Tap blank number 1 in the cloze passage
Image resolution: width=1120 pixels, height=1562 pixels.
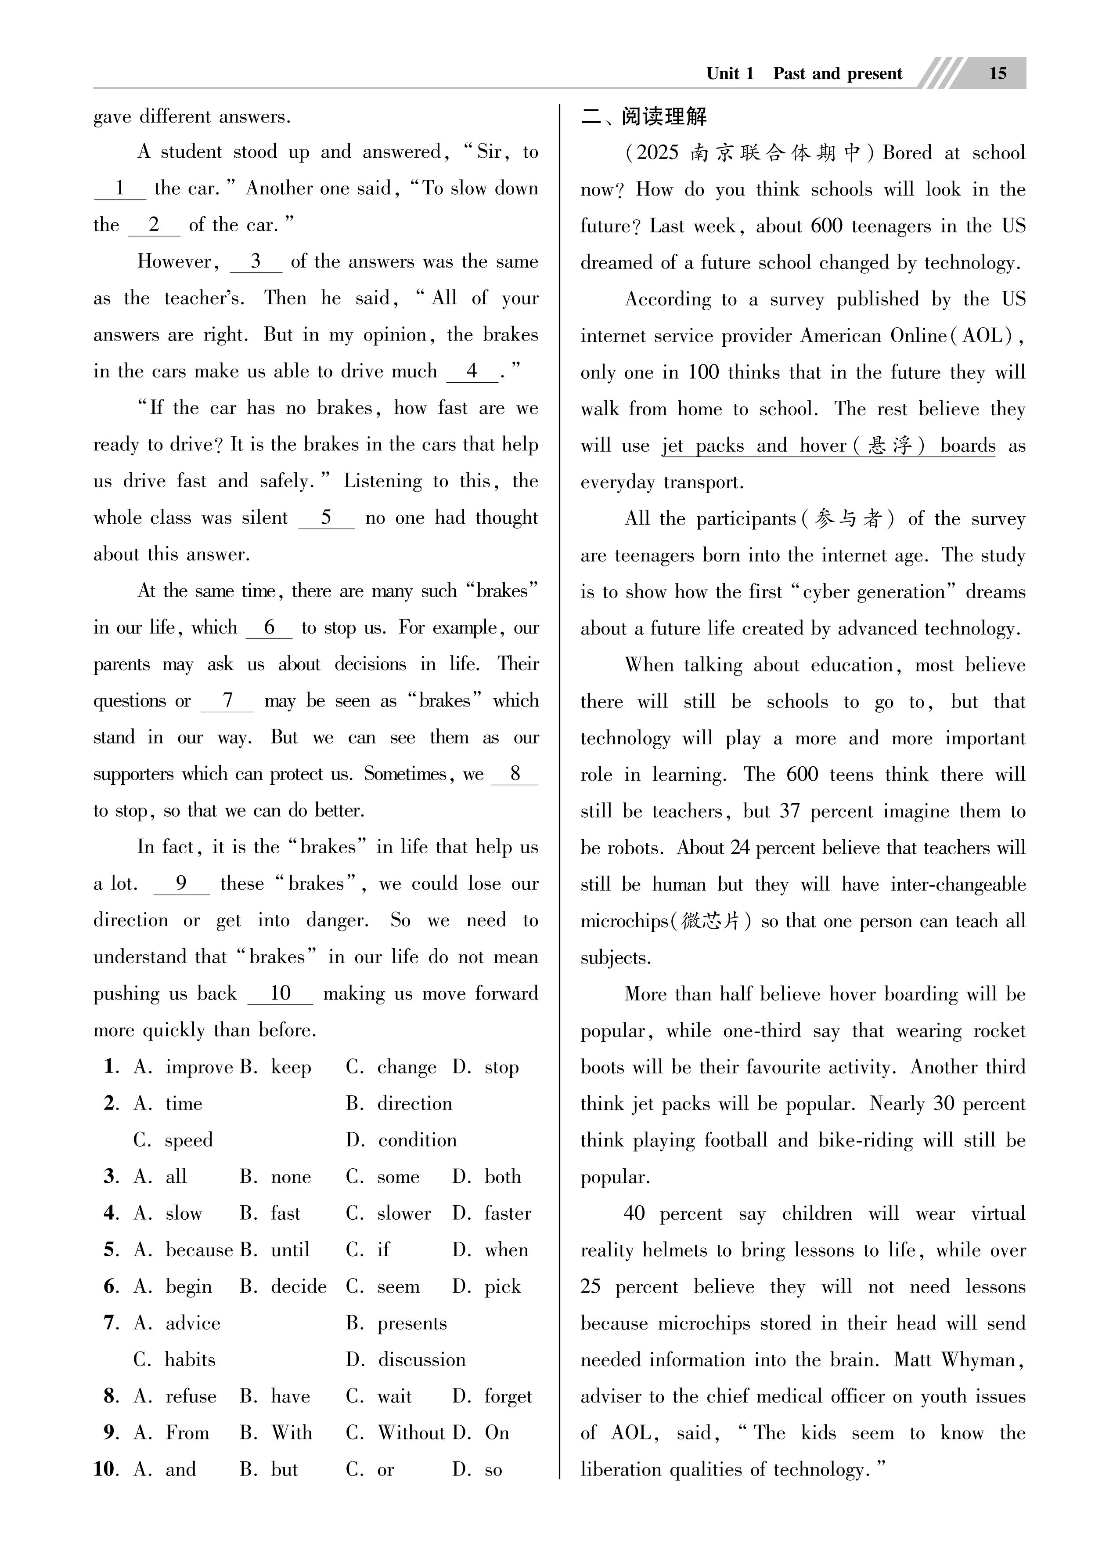120,188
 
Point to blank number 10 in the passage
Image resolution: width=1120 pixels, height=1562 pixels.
280,993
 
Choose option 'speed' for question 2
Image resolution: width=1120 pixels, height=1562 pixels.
189,1140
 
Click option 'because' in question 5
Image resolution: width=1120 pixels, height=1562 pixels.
199,1250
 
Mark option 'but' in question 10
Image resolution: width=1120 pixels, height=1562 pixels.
285,1469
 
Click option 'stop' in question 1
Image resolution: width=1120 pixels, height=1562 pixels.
501,1067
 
